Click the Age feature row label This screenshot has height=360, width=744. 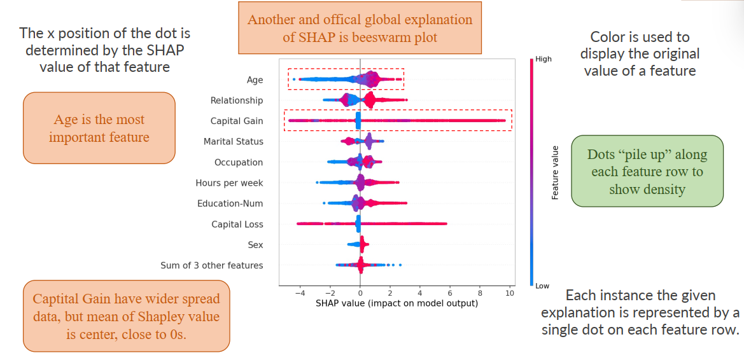point(255,80)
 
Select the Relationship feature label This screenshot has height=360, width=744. point(237,100)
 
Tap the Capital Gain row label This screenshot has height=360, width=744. point(237,121)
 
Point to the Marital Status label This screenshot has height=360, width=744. point(233,142)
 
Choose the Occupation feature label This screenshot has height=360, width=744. point(239,162)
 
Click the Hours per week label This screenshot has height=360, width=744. point(229,183)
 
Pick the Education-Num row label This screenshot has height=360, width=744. point(230,204)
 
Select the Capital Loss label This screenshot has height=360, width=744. point(237,225)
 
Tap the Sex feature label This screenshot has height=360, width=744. point(255,245)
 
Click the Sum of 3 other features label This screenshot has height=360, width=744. point(211,265)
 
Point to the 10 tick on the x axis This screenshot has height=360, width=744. point(510,293)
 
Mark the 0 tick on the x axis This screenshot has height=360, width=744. point(360,293)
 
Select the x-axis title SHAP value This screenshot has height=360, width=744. point(397,303)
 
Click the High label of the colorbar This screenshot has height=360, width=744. point(544,59)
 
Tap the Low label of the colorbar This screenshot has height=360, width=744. point(542,286)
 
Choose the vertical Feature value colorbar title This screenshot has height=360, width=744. point(555,172)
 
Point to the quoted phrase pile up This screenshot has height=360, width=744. point(645,155)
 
